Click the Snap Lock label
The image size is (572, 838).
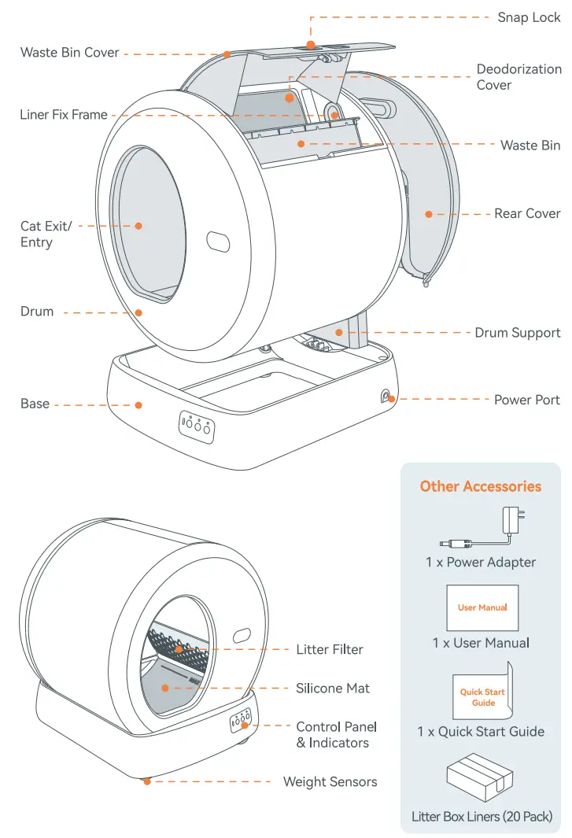click(x=528, y=17)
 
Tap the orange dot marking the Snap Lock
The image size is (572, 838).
click(x=311, y=45)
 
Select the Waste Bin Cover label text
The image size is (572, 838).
click(x=69, y=53)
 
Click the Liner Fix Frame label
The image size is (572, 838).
click(x=64, y=115)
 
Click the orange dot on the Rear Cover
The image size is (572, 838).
click(x=430, y=213)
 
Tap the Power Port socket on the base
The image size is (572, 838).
click(x=387, y=397)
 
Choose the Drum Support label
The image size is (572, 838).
click(x=517, y=333)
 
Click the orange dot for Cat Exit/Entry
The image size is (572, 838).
click(x=138, y=226)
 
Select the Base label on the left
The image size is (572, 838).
click(x=35, y=404)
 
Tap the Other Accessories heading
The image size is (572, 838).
click(x=480, y=486)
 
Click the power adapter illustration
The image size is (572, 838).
click(x=481, y=530)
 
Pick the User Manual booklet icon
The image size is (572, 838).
click(x=482, y=607)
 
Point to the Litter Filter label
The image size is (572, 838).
click(x=330, y=649)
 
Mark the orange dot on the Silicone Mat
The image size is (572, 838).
click(x=165, y=688)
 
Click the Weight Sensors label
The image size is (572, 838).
click(x=330, y=781)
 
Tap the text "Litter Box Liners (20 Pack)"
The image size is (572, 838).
click(x=482, y=816)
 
